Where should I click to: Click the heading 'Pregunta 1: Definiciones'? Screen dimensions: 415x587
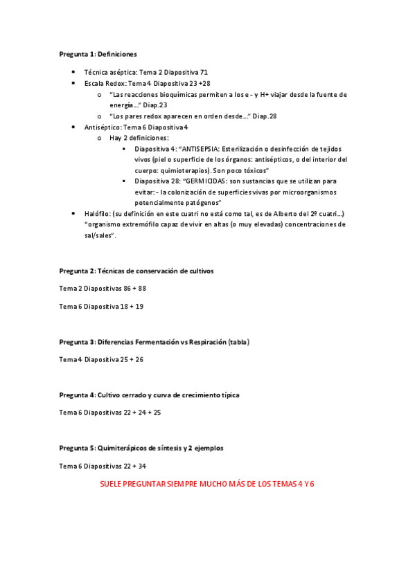[x=98, y=53]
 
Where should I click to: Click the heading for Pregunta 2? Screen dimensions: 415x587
[x=136, y=271]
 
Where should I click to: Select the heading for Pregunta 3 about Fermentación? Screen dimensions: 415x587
[x=154, y=342]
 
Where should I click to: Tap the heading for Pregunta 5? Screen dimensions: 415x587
[x=141, y=448]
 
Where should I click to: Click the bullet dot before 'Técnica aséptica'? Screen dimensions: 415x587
[x=74, y=72]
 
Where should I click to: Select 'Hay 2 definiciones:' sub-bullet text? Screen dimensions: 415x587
[x=139, y=138]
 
